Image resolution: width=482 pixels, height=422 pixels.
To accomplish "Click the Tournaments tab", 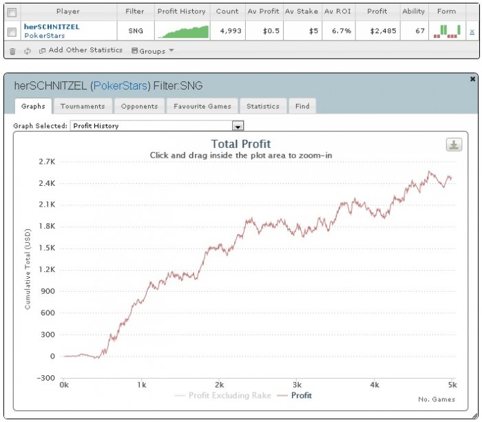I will (x=82, y=106).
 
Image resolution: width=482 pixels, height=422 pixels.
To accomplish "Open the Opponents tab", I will (x=140, y=106).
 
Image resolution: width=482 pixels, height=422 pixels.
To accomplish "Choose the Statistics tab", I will (x=262, y=106).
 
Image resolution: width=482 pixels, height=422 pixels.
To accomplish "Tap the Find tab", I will (x=302, y=106).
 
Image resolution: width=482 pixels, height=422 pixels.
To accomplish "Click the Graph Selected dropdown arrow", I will (x=238, y=127).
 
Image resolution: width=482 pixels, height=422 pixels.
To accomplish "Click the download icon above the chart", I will (x=454, y=145).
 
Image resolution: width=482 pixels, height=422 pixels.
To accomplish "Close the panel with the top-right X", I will (x=472, y=79).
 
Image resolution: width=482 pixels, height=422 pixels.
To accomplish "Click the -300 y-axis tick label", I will (x=45, y=378).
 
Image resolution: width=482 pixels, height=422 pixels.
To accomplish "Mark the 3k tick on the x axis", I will (x=297, y=384).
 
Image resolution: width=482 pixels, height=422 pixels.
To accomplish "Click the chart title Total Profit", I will (x=241, y=144).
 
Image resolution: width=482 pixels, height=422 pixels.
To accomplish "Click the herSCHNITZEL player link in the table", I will (x=52, y=27).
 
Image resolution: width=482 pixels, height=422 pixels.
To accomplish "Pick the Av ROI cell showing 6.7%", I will (x=338, y=31).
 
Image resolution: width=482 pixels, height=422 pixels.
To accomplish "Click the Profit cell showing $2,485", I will (x=377, y=31).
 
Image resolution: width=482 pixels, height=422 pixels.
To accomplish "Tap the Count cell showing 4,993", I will (x=227, y=31).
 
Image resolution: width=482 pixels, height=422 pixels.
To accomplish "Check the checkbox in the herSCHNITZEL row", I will (x=12, y=31).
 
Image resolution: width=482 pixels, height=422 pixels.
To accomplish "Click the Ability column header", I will (x=413, y=11).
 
